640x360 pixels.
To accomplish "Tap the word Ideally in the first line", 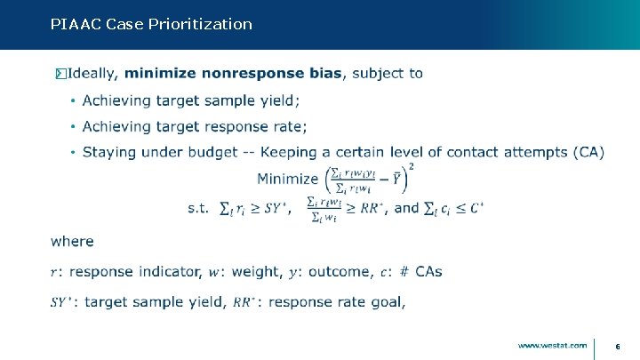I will click(93, 73).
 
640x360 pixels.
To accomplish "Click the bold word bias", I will click(324, 73).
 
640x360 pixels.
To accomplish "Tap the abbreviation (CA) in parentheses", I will click(588, 152).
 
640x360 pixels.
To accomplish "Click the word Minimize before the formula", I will click(287, 179).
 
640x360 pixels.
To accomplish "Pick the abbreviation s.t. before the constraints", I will click(198, 208).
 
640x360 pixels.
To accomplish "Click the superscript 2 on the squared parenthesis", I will click(411, 166).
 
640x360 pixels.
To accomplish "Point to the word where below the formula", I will click(72, 241).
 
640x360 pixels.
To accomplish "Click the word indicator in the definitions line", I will click(168, 270).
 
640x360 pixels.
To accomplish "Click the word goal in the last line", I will click(388, 302).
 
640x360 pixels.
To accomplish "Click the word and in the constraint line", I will click(406, 208).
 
